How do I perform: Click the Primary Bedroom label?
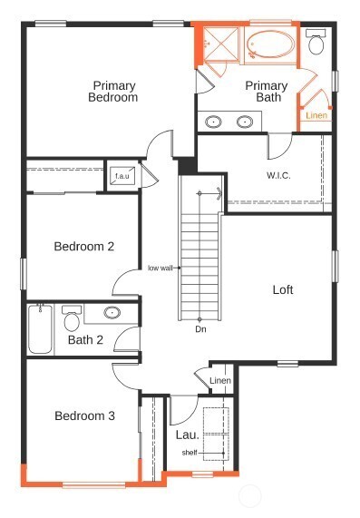pyautogui.click(x=113, y=92)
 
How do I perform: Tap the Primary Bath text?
pyautogui.click(x=266, y=92)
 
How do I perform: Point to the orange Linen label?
pyautogui.click(x=316, y=115)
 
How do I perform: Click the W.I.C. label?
pyautogui.click(x=277, y=175)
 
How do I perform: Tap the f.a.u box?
pyautogui.click(x=122, y=175)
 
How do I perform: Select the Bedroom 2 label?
pyautogui.click(x=83, y=246)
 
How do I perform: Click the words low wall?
pyautogui.click(x=161, y=268)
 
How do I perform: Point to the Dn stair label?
pyautogui.click(x=200, y=328)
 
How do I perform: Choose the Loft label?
pyautogui.click(x=284, y=290)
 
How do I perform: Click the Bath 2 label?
pyautogui.click(x=85, y=341)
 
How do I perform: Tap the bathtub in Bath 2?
pyautogui.click(x=40, y=330)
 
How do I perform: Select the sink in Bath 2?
pyautogui.click(x=112, y=314)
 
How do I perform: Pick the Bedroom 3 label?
pyautogui.click(x=84, y=416)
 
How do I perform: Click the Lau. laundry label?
pyautogui.click(x=187, y=435)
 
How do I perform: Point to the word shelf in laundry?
pyautogui.click(x=190, y=453)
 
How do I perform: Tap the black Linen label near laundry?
pyautogui.click(x=220, y=380)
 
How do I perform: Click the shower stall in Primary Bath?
pyautogui.click(x=219, y=45)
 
